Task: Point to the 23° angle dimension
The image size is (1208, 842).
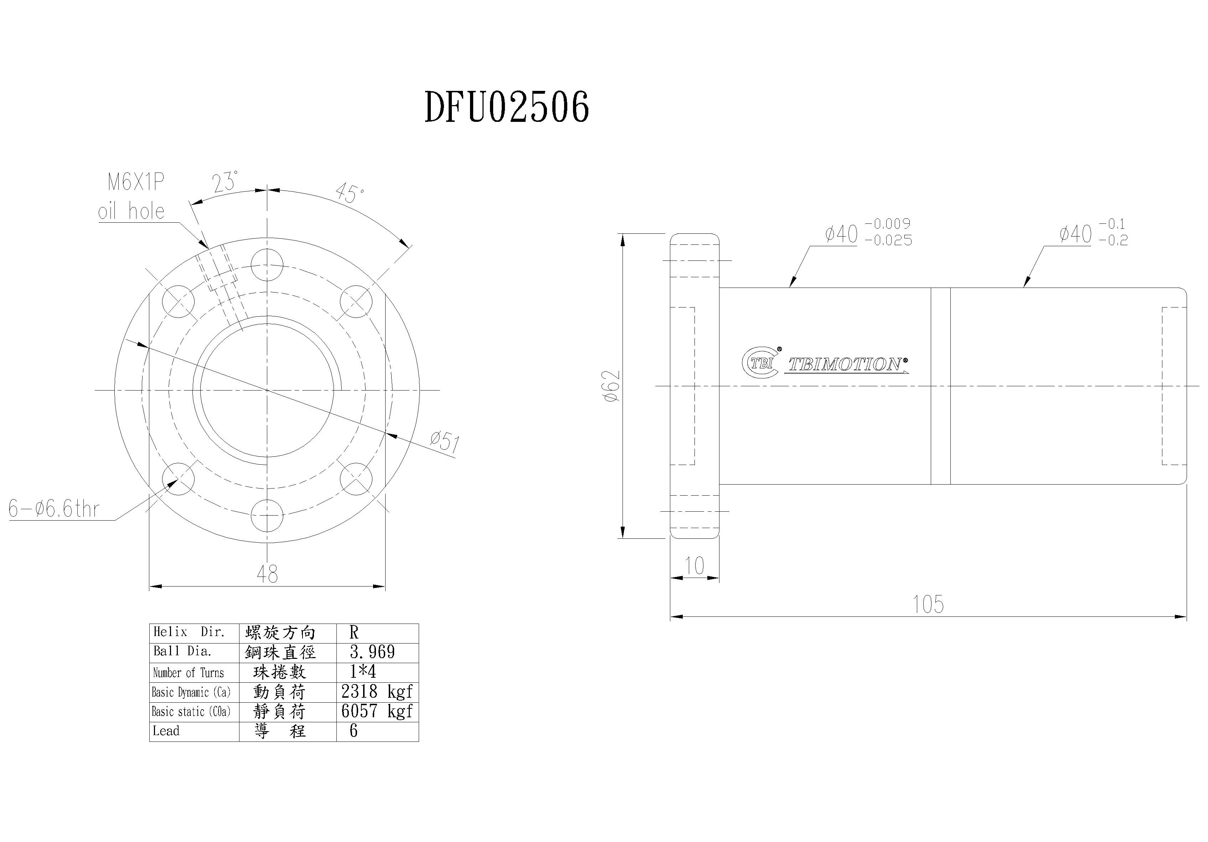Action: pos(225,182)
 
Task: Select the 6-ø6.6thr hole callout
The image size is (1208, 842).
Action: pos(54,509)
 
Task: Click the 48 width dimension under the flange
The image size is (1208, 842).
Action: pos(267,574)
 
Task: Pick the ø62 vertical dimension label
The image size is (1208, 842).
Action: pos(612,386)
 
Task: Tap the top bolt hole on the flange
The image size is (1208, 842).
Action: pos(267,265)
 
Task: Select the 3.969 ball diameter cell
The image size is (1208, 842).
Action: pos(372,652)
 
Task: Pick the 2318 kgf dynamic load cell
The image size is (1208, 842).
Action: pos(377,692)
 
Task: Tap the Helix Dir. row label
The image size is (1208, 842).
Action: pos(189,632)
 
